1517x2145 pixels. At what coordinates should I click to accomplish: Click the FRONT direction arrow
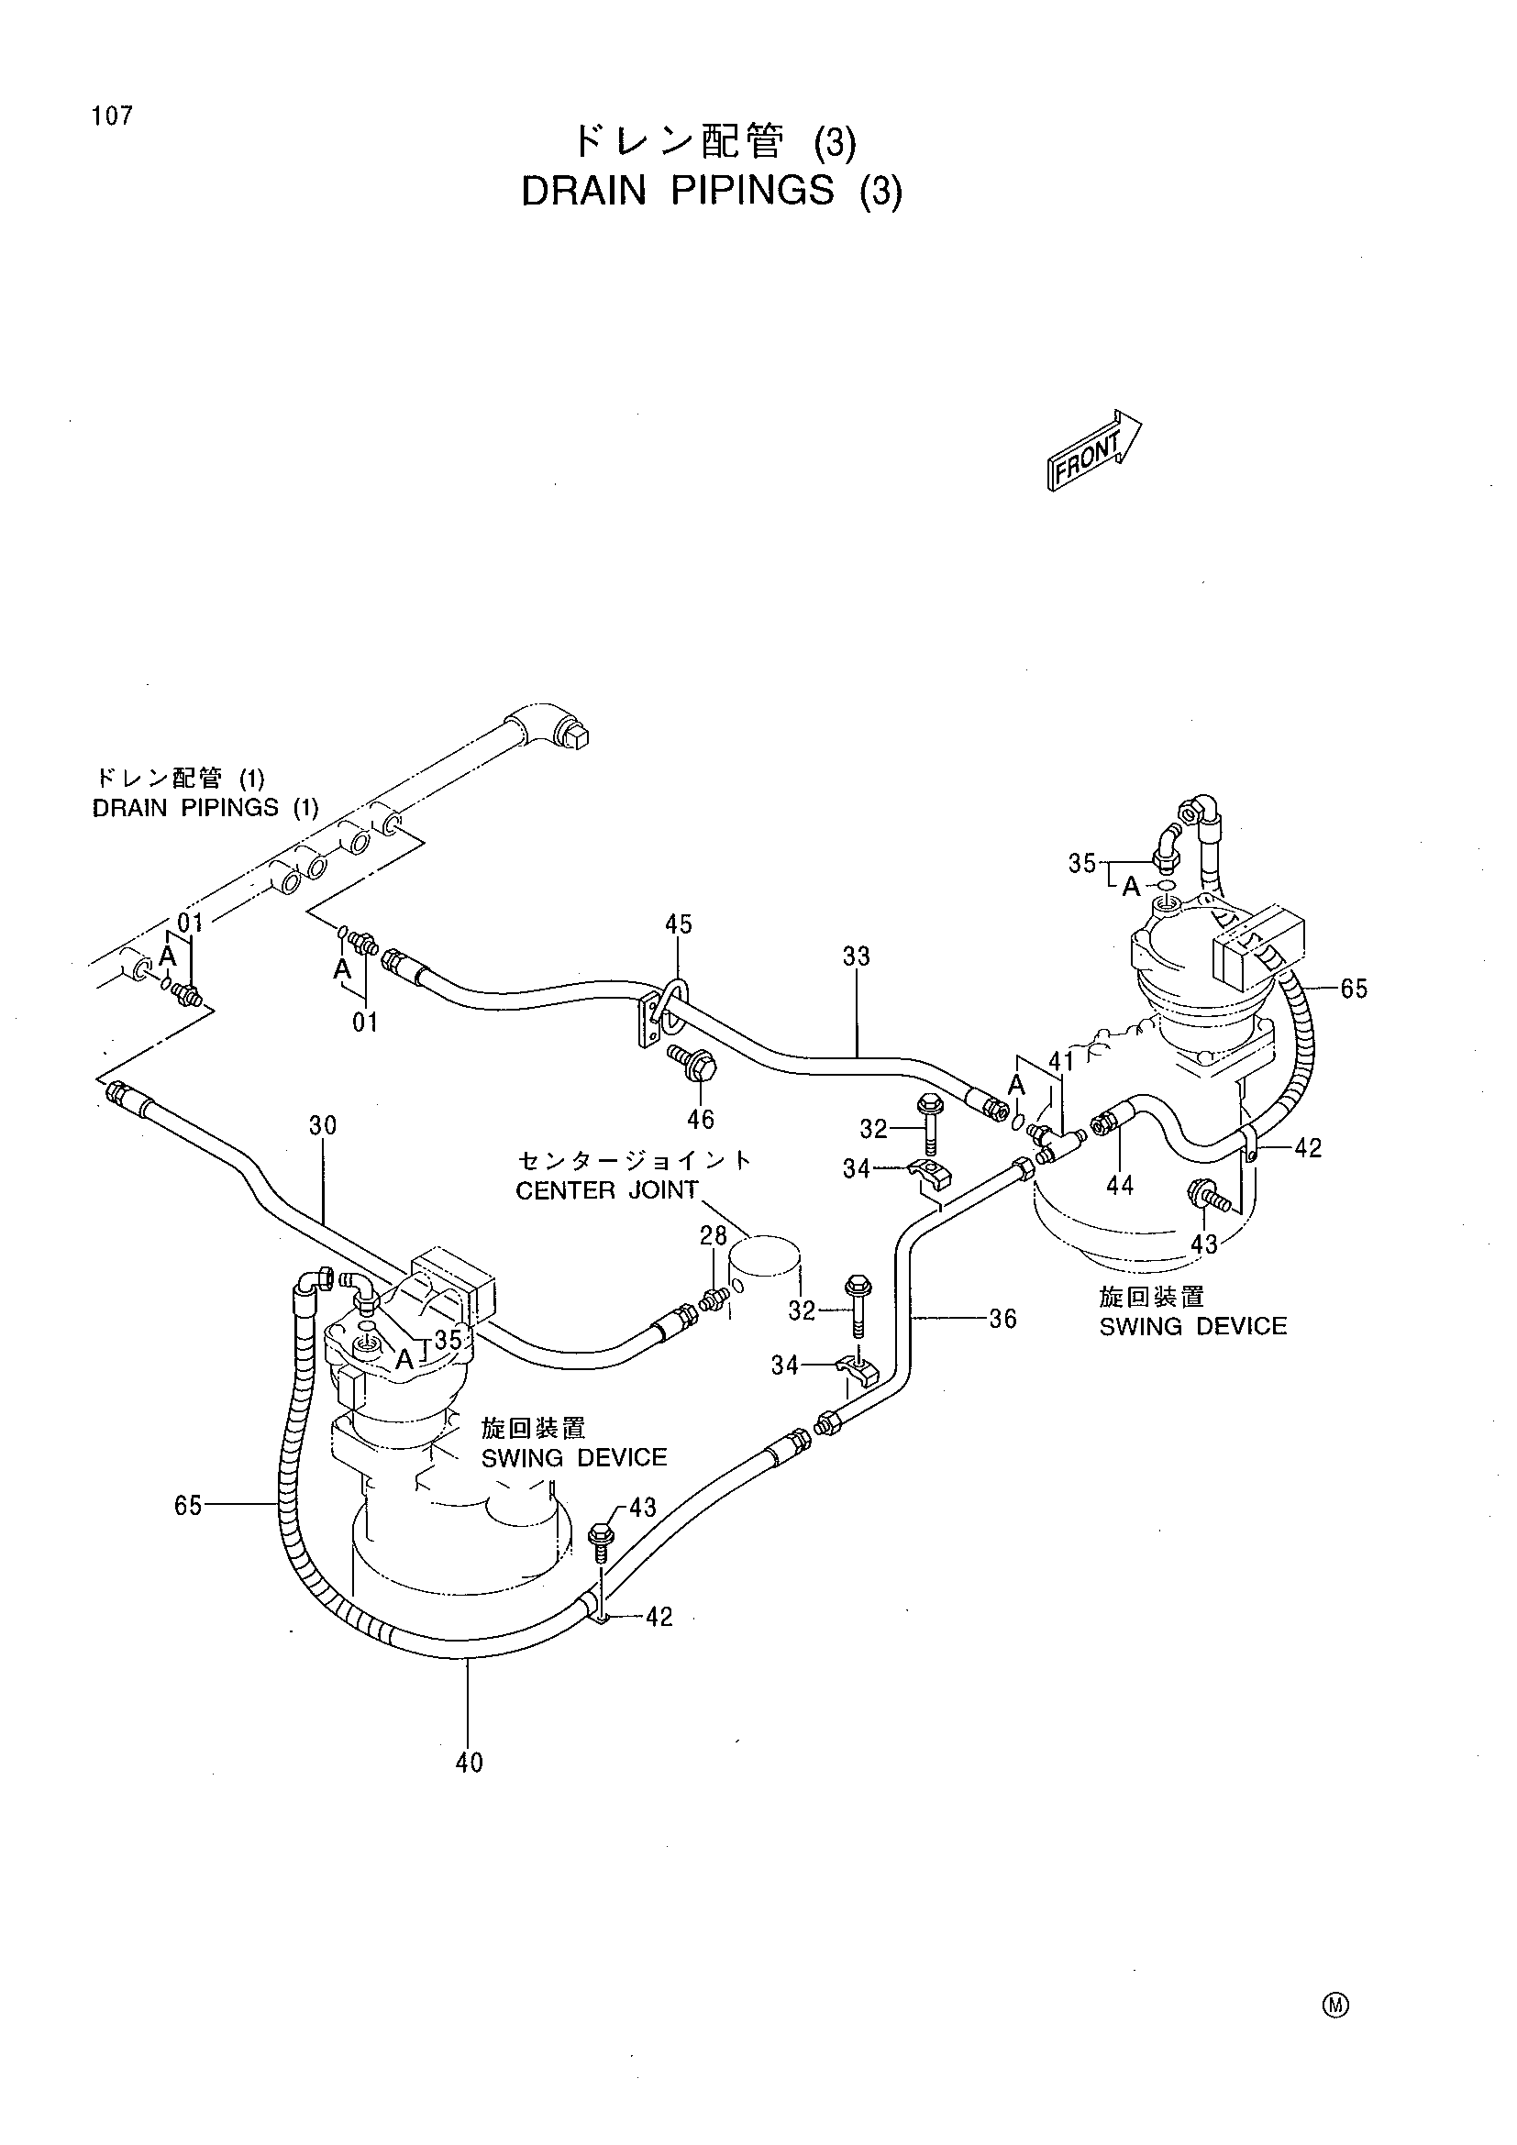tap(1094, 449)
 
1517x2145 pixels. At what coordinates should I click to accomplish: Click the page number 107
tap(112, 116)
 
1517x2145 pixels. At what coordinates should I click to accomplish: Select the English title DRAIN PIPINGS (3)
tap(712, 191)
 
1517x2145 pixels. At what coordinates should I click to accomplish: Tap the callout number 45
tap(678, 924)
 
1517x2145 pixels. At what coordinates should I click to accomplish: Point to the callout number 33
tap(856, 956)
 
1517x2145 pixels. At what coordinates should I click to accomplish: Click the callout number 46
tap(701, 1118)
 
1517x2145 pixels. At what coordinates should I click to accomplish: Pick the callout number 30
tap(322, 1126)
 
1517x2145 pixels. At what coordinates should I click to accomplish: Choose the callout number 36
tap(1002, 1318)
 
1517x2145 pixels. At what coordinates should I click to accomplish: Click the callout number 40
tap(469, 1763)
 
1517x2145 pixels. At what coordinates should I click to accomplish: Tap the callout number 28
tap(714, 1236)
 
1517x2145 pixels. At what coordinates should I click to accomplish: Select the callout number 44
tap(1119, 1186)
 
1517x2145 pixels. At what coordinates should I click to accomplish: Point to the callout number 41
tap(1061, 1060)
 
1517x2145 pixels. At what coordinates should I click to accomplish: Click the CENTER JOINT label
tap(607, 1190)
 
